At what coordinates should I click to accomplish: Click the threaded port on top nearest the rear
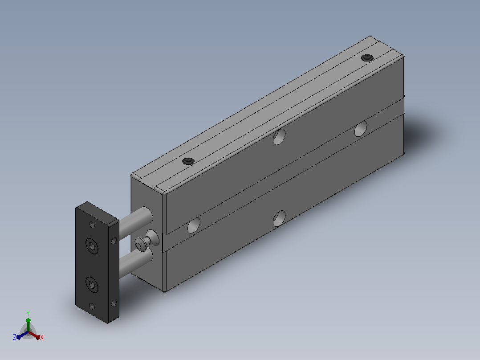[367, 57]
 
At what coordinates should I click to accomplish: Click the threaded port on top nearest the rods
[188, 161]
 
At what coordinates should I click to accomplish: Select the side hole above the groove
[279, 137]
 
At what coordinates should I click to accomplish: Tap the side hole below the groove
[279, 218]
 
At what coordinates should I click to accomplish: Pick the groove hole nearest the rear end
[361, 129]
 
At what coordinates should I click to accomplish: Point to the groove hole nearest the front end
[194, 225]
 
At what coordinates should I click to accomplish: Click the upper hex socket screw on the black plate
[92, 246]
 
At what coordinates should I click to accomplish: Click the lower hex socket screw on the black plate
[92, 285]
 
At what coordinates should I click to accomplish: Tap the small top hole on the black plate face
[92, 225]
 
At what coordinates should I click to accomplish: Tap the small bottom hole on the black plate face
[92, 307]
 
